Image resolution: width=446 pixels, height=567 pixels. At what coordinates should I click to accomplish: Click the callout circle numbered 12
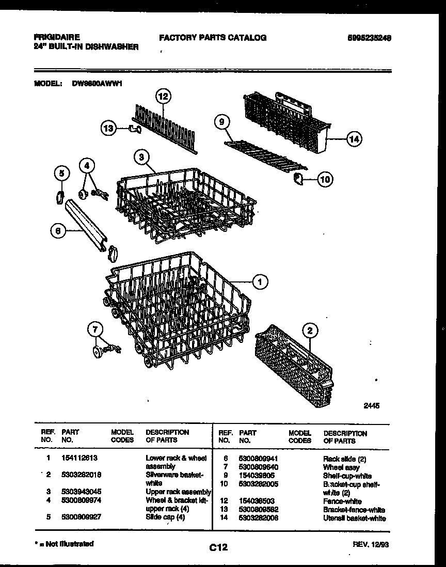pos(163,96)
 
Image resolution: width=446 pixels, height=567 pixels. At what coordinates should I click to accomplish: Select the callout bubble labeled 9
pos(221,122)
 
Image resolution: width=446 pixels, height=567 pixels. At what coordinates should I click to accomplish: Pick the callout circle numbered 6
pos(58,232)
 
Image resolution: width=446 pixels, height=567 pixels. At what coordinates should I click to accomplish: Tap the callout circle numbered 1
pos(260,281)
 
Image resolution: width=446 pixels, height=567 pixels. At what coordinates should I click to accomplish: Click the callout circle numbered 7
pos(94,328)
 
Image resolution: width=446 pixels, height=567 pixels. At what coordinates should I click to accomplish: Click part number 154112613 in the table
pos(79,458)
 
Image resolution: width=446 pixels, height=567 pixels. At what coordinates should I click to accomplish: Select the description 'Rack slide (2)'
pos(344,459)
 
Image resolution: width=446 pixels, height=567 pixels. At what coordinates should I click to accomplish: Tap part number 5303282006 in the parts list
pos(259,518)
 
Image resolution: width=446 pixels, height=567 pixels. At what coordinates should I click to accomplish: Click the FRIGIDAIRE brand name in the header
pos(57,38)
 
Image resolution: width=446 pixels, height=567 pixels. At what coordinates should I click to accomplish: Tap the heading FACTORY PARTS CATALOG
pos(213,38)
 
